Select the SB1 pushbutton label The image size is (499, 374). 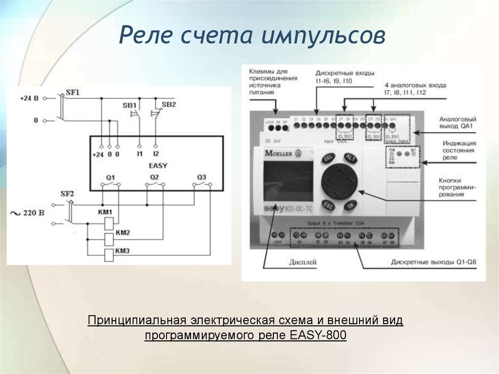tap(129, 105)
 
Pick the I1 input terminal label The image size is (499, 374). tap(139, 154)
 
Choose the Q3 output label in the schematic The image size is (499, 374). tap(202, 177)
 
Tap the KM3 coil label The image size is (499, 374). tap(122, 251)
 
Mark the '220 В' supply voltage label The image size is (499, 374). tap(34, 213)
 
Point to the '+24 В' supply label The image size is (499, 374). tap(29, 98)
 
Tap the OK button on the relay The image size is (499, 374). tap(349, 206)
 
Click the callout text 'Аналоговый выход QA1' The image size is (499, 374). tap(457, 122)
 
